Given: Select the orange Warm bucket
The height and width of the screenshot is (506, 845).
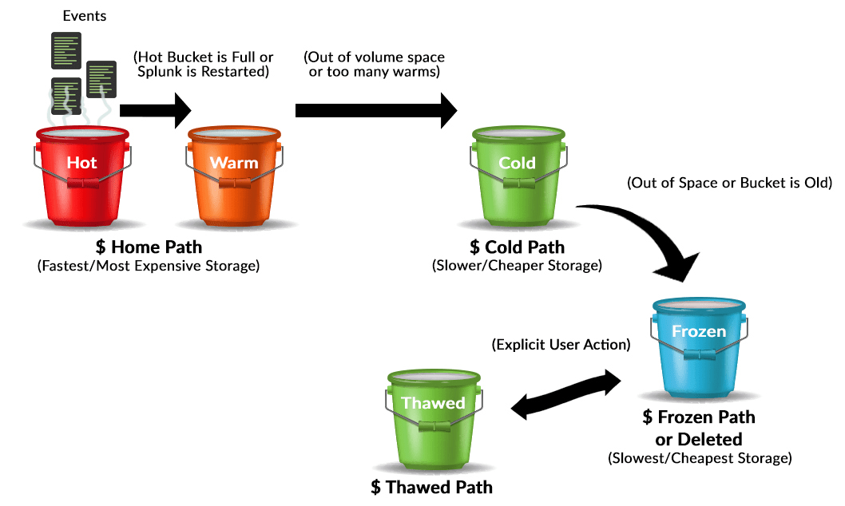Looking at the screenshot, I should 234,177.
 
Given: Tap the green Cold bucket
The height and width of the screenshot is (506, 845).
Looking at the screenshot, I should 518,177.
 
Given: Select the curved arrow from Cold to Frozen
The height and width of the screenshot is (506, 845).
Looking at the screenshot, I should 647,235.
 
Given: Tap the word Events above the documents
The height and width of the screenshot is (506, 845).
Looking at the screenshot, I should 85,16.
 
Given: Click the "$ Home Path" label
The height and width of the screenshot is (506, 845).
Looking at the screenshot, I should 148,247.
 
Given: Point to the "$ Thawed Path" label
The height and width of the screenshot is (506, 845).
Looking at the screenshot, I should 431,487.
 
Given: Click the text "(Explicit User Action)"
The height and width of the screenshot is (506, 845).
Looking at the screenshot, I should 560,346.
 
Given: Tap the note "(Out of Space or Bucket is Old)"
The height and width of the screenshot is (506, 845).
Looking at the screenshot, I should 730,184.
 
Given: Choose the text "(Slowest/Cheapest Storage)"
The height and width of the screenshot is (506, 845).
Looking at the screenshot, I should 700,458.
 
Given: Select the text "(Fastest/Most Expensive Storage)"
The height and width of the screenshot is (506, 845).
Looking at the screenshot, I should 149,266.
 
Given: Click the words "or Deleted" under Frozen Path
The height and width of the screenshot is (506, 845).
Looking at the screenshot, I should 699,439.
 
